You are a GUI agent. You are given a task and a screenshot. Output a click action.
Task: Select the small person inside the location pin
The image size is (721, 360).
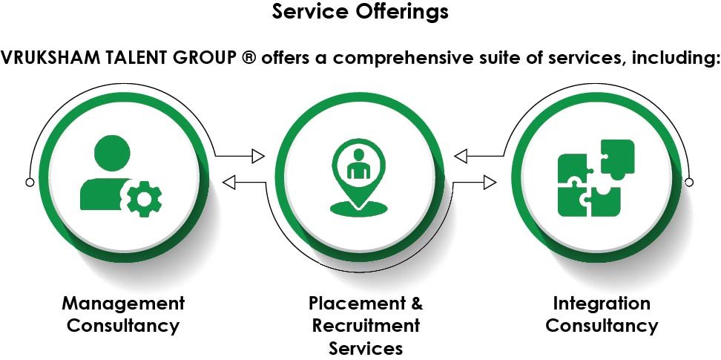pos(359,165)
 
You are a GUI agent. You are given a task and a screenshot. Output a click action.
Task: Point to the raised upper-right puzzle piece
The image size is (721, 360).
pos(617,158)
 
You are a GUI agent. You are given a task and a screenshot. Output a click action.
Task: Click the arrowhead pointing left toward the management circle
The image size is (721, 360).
pos(229,181)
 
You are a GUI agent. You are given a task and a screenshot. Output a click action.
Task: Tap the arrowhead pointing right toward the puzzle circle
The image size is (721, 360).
pos(489,181)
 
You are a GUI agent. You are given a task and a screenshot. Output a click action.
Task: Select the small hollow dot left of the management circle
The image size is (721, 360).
pos(30,182)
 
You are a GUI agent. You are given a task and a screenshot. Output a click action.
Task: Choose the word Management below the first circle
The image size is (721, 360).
pos(123,303)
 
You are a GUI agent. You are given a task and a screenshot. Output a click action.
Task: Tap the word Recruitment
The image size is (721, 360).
pos(366,325)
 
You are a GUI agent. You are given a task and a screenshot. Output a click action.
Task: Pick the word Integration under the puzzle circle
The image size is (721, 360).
pos(602,303)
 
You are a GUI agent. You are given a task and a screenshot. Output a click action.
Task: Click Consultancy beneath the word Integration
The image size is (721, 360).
pos(602,325)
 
